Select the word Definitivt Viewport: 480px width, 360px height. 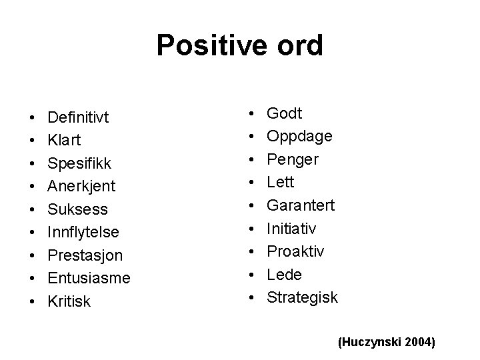[78, 117]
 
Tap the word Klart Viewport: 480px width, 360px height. [64, 141]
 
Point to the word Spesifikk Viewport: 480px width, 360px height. [79, 164]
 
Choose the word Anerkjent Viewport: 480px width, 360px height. [81, 187]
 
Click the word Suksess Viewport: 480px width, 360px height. [76, 210]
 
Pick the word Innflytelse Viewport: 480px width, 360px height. [83, 233]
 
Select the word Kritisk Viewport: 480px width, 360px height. [69, 302]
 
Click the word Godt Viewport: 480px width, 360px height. [285, 113]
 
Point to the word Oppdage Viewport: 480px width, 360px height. [299, 136]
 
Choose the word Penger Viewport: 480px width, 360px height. [293, 159]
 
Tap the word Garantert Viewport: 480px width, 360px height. [301, 205]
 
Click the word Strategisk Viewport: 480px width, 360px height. [303, 297]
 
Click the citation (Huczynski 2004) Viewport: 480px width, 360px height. [387, 342]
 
